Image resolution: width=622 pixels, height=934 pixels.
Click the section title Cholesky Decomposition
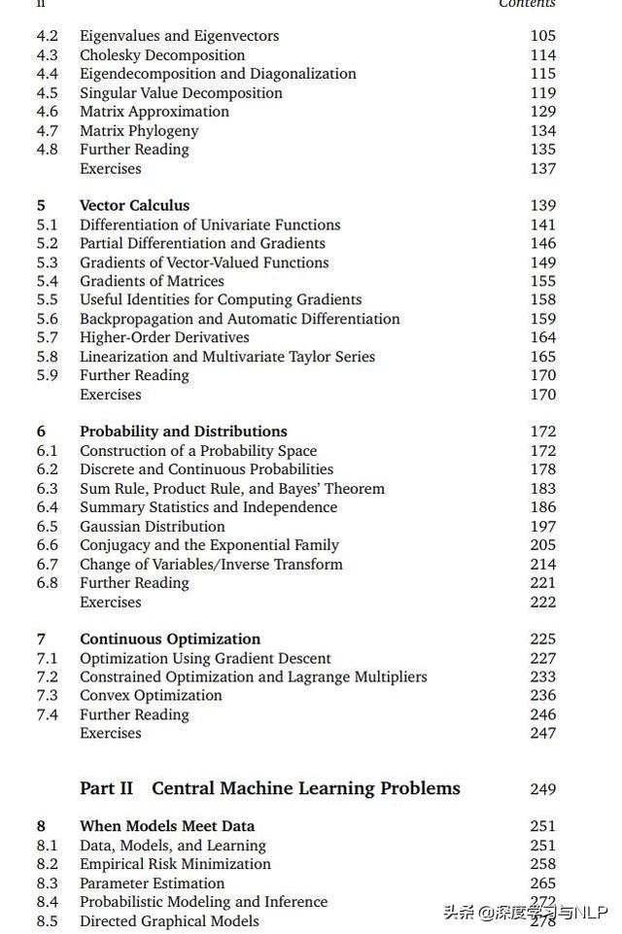point(162,54)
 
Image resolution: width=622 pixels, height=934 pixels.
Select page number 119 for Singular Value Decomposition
point(542,92)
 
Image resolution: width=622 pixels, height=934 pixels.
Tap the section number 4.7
point(47,130)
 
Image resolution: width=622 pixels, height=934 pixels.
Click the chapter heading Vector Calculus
point(134,205)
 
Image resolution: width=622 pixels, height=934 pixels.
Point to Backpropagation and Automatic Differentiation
point(239,319)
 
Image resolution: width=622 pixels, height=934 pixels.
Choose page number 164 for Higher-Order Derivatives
point(542,337)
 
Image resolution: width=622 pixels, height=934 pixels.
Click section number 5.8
point(47,357)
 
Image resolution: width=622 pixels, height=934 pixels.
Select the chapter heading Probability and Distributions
point(183,432)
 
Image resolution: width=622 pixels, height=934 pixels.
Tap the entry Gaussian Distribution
point(152,526)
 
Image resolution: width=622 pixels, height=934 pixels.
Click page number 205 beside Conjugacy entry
point(542,545)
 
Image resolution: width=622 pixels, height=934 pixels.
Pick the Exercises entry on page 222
point(110,602)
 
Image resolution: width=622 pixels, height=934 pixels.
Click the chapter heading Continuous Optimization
point(170,639)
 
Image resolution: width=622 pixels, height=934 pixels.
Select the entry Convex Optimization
point(151,695)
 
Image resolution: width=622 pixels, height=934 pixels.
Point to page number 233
point(542,676)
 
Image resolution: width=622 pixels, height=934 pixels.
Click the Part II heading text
point(270,788)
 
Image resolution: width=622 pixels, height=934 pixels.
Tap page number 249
point(542,789)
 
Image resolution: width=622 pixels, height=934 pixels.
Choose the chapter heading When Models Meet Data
point(167,826)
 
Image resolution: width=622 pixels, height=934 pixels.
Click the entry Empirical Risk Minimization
point(175,864)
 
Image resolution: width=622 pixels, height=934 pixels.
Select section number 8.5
point(47,920)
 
